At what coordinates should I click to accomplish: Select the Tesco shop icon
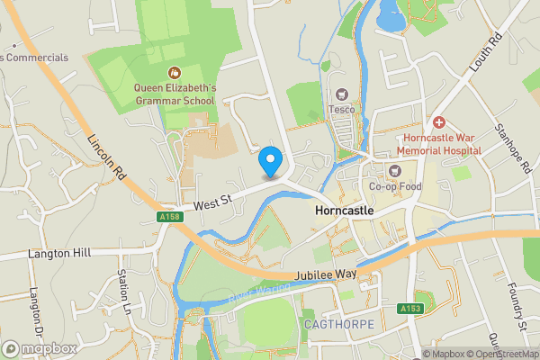click(341, 94)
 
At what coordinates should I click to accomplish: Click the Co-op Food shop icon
click(393, 170)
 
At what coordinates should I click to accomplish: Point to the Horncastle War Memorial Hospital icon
click(438, 121)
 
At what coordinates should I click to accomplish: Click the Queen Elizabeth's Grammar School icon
click(175, 72)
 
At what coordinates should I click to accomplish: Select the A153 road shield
click(409, 309)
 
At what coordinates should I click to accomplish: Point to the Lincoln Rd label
click(106, 160)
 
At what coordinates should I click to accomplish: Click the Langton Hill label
click(59, 255)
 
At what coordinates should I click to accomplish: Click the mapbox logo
click(38, 348)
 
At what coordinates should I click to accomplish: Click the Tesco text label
click(342, 110)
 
